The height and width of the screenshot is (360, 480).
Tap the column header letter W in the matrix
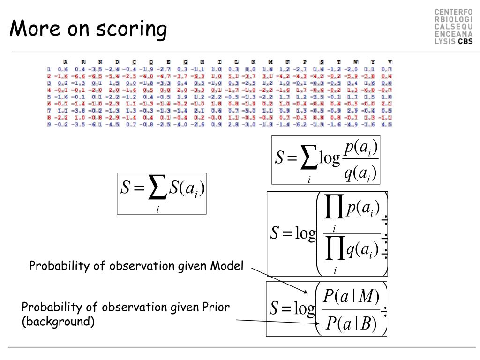point(355,62)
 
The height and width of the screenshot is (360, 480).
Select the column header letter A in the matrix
point(66,62)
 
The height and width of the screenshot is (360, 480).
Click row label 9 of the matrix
point(49,125)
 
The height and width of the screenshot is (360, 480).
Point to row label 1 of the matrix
point(49,69)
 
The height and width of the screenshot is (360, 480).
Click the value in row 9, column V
point(387,125)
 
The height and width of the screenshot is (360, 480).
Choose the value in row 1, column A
point(62,69)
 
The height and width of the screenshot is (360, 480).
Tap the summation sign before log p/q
point(309,159)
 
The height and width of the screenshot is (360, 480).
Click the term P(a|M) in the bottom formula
point(351,296)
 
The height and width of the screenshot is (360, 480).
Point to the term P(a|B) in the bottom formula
point(351,324)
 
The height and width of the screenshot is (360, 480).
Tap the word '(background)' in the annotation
point(59,322)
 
